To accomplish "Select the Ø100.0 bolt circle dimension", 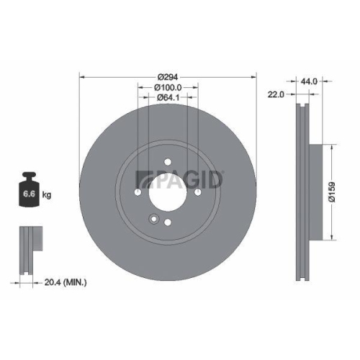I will pyautogui.click(x=167, y=86).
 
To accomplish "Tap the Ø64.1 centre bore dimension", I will pyautogui.click(x=167, y=97).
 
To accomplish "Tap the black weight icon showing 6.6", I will pyautogui.click(x=29, y=194).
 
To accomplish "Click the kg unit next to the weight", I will pyautogui.click(x=47, y=195).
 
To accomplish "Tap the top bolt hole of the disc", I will pyautogui.click(x=166, y=162).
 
